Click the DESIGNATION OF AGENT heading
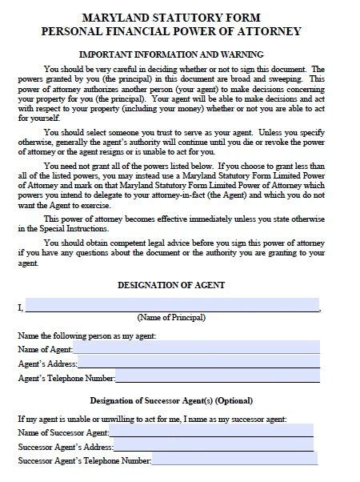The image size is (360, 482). pos(171,285)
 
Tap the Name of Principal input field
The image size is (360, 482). pos(172,305)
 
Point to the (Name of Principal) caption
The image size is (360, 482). pos(172,318)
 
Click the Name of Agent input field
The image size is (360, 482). pos(197,349)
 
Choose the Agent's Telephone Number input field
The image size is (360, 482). pos(218,377)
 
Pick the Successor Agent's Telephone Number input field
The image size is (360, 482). pos(235,460)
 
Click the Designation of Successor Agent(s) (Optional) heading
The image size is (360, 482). pos(171,401)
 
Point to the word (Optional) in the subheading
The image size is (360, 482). pos(233,401)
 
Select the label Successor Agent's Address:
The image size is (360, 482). pos(65,448)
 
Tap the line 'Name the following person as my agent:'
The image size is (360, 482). pos(86,335)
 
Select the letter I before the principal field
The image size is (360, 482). pos(19,307)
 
